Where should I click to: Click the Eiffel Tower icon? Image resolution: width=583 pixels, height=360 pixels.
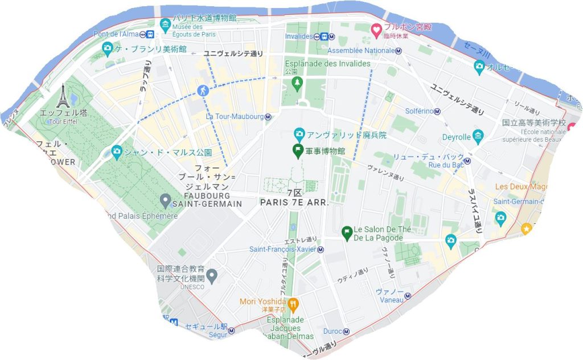[x=62, y=96]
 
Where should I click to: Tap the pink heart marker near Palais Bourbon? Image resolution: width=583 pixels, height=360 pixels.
[x=376, y=29]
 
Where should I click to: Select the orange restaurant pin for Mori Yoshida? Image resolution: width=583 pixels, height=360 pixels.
[x=294, y=303]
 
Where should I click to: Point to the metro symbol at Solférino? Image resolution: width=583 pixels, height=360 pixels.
[x=437, y=111]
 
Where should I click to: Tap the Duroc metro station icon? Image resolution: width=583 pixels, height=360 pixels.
[x=345, y=330]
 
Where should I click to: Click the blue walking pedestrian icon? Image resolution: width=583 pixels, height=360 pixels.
[x=203, y=91]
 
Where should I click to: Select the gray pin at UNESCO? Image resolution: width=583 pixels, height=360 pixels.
[x=212, y=276]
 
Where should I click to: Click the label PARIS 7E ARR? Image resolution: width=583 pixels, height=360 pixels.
[x=295, y=202]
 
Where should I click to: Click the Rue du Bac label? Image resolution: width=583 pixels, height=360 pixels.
[x=445, y=165]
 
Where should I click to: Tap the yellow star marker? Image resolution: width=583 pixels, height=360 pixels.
[x=527, y=228]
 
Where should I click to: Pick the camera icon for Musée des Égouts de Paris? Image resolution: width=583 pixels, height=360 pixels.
[x=165, y=24]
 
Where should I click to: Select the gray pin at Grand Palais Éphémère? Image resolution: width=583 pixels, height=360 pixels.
[x=165, y=200]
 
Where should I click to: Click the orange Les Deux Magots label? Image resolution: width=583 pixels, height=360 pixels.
[x=521, y=187]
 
